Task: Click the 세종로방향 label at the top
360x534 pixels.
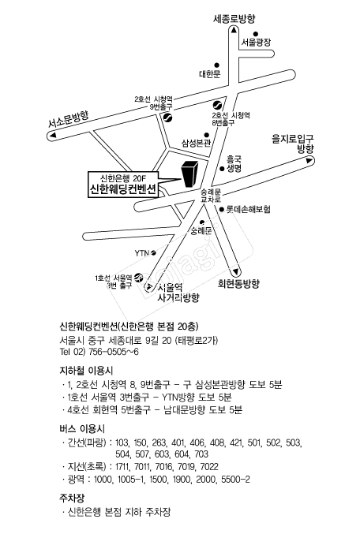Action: (234, 18)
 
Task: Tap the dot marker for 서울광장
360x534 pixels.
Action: (256, 34)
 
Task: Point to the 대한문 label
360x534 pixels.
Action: (210, 73)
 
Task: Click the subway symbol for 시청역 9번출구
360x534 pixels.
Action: (167, 118)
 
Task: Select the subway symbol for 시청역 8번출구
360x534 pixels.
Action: (218, 105)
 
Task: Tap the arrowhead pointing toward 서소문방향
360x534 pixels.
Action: (53, 136)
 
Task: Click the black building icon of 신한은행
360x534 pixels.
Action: (190, 174)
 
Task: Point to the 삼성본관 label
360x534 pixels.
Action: (196, 143)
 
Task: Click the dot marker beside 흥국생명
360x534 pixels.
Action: (222, 168)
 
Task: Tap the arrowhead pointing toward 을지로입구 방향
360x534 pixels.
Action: (309, 160)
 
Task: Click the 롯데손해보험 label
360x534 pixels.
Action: (249, 209)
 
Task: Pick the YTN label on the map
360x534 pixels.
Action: (142, 253)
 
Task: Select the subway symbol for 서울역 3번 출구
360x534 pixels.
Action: (138, 277)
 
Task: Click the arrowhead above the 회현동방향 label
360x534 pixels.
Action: (235, 272)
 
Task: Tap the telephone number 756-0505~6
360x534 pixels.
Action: (114, 352)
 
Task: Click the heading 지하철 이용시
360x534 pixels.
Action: (86, 371)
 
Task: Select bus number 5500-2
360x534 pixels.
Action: (235, 480)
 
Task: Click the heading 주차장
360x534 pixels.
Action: (72, 499)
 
